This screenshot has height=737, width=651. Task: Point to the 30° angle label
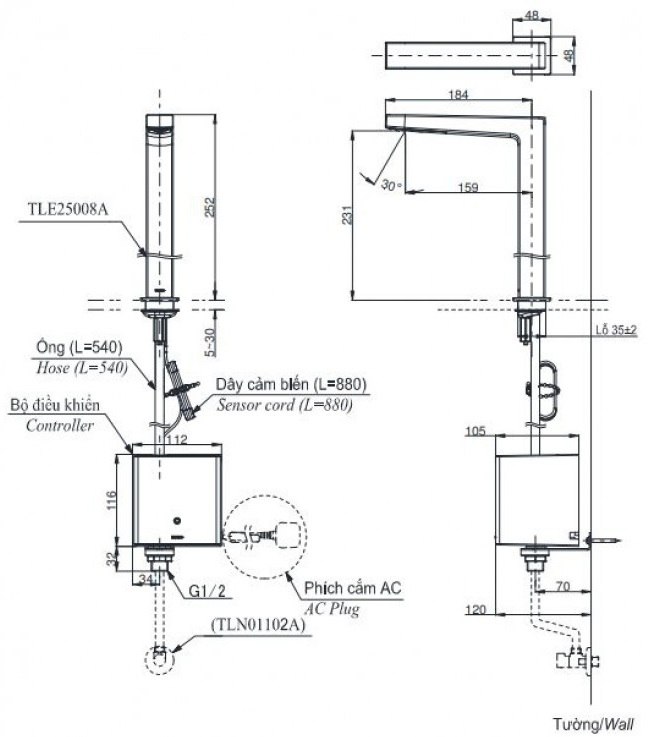390,185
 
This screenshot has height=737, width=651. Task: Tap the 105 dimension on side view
476,431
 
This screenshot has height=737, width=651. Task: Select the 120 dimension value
477,608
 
